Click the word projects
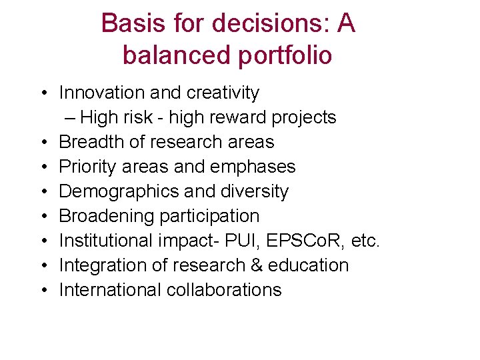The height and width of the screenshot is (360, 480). click(x=304, y=118)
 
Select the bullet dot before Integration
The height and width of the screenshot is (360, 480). click(x=42, y=266)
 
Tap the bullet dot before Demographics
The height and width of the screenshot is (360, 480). click(x=42, y=192)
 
